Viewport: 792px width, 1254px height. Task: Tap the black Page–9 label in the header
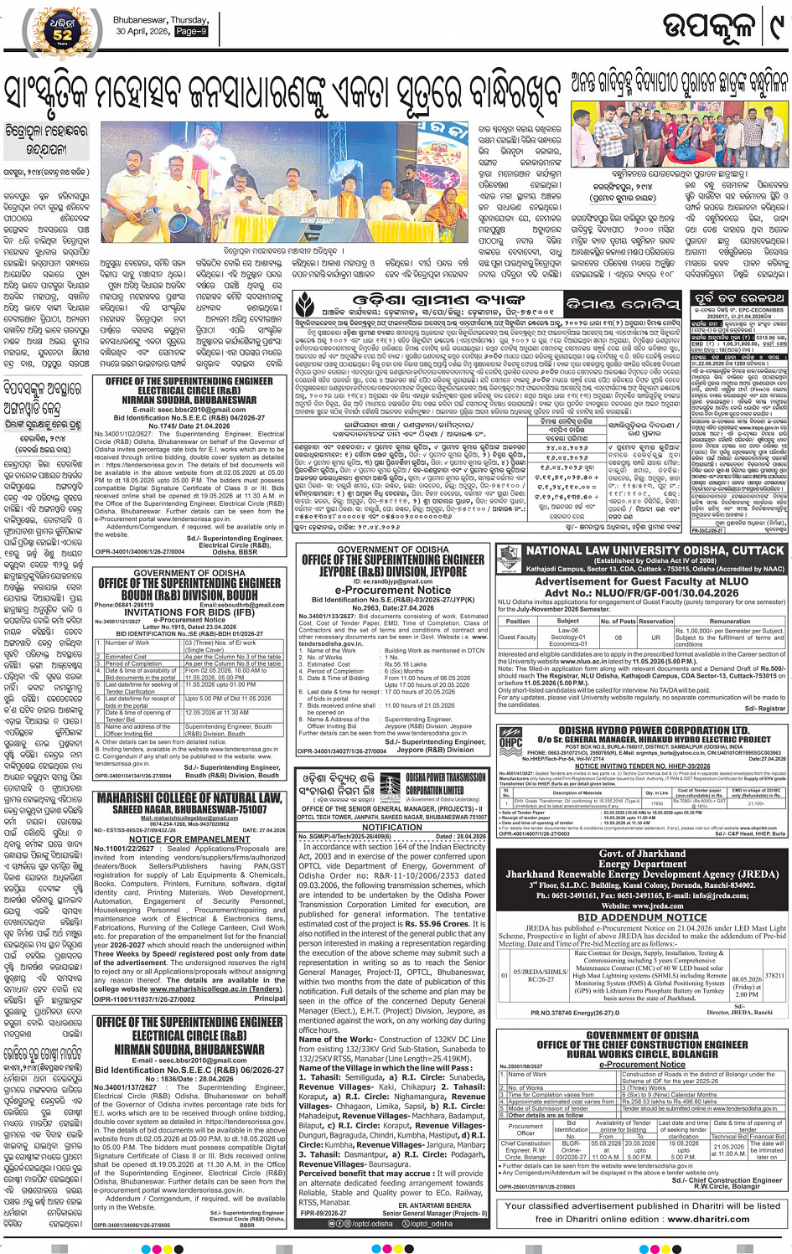(190, 31)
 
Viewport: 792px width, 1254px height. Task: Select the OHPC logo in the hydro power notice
(510, 739)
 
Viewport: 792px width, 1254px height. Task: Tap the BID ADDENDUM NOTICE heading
(642, 917)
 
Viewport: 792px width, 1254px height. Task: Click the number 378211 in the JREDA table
(774, 975)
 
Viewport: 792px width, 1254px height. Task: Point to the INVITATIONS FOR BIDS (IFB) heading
(189, 612)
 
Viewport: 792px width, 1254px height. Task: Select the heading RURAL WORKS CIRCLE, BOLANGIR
(642, 1054)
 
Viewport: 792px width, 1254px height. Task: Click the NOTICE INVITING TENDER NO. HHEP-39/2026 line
(642, 766)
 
